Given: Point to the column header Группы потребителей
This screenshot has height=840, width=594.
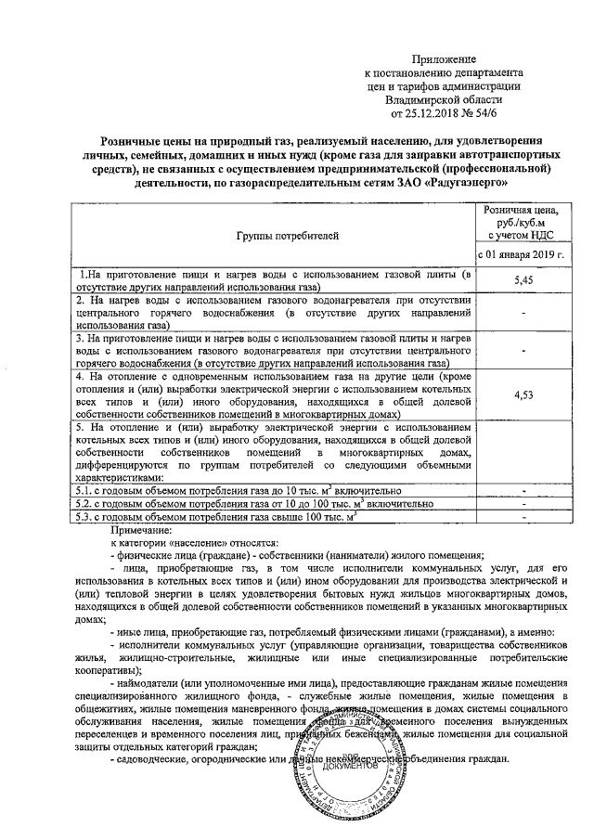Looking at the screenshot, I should click(x=274, y=237).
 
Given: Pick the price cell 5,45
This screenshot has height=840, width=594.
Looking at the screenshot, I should click(x=524, y=279).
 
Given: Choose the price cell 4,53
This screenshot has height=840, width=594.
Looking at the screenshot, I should click(x=524, y=395).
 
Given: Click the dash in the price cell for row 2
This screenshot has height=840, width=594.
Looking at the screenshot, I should click(x=524, y=314).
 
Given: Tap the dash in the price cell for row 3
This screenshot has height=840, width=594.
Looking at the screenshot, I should click(x=524, y=352).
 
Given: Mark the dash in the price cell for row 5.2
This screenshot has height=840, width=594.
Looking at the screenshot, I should click(x=524, y=503).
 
